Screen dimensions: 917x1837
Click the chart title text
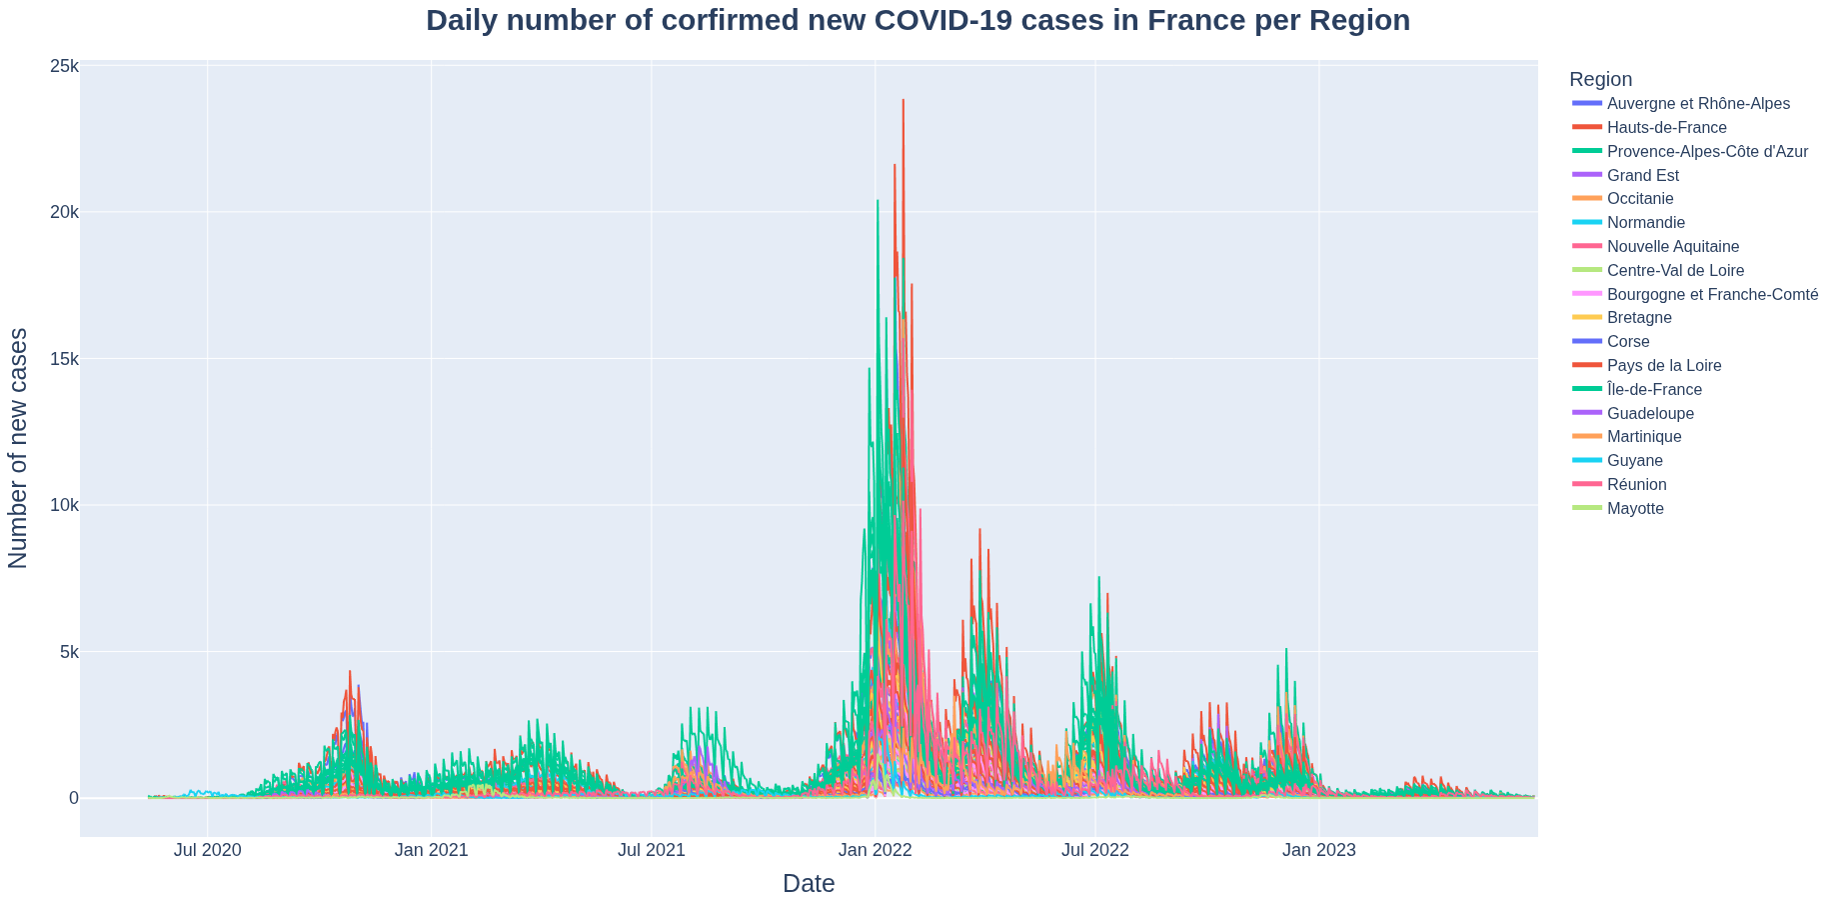pos(918,21)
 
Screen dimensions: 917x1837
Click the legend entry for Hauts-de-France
pos(1666,128)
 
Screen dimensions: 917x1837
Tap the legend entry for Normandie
pos(1645,223)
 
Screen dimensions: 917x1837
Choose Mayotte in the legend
pos(1635,509)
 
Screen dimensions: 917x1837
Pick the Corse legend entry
pos(1628,342)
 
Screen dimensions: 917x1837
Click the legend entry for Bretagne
pos(1639,318)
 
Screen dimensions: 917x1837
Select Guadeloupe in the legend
pos(1650,414)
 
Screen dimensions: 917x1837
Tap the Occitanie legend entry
pos(1640,199)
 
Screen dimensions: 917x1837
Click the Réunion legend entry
pos(1636,485)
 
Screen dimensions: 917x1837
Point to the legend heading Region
pos(1600,80)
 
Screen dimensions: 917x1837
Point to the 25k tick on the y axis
pos(64,66)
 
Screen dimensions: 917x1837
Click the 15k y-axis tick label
pos(64,359)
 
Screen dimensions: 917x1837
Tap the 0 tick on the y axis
pos(73,798)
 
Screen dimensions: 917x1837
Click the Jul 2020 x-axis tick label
pos(207,851)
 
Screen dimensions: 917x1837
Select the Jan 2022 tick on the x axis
pos(875,851)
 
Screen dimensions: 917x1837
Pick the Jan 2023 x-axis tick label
pos(1318,851)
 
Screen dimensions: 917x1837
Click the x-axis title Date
pos(809,884)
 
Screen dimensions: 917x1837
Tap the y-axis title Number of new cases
pos(19,448)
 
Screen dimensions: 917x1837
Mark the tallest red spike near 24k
pos(903,101)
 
